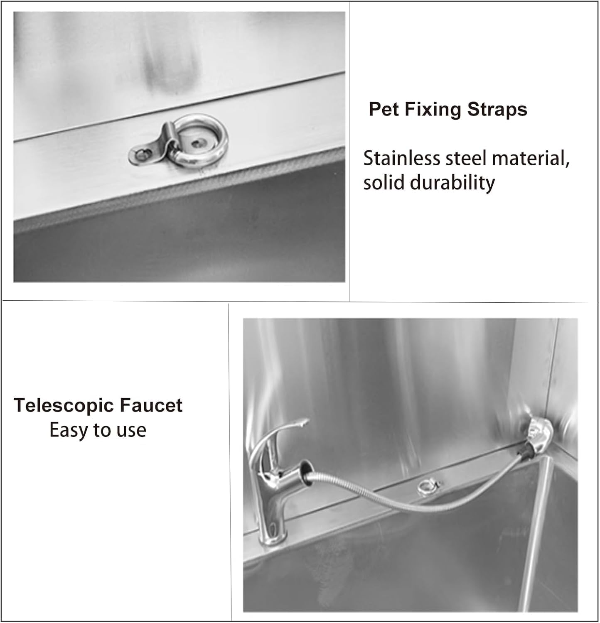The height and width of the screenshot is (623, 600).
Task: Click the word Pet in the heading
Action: [x=384, y=110]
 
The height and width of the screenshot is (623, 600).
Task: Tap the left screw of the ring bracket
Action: [x=143, y=155]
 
